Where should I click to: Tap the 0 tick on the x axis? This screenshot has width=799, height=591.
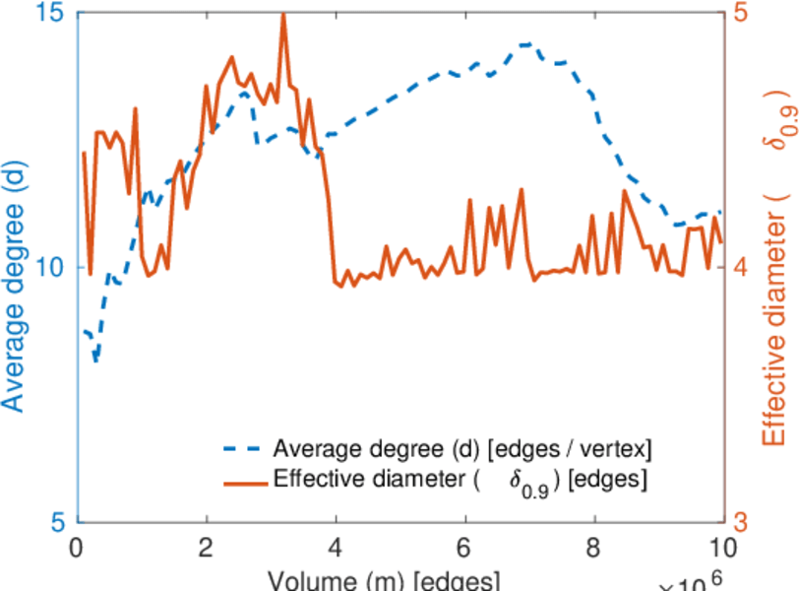pyautogui.click(x=77, y=546)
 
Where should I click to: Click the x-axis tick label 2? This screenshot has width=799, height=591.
pyautogui.click(x=207, y=546)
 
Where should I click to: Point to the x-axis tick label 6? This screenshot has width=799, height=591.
pyautogui.click(x=465, y=546)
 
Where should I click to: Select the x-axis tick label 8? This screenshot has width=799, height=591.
pyautogui.click(x=594, y=546)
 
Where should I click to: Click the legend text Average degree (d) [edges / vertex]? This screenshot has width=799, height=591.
pyautogui.click(x=462, y=450)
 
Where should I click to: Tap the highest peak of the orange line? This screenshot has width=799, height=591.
pyautogui.click(x=283, y=15)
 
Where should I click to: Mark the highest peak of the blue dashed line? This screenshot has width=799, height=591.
pyautogui.click(x=529, y=44)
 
